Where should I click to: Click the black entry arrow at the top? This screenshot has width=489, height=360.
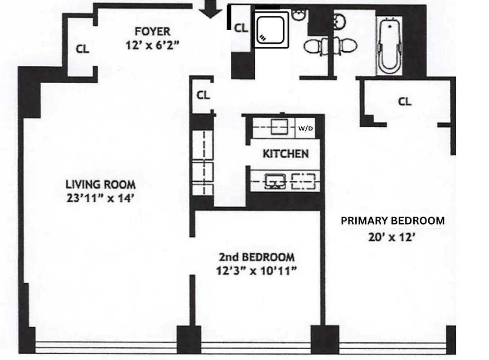point(210,9)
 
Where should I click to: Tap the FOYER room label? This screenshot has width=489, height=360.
point(153,31)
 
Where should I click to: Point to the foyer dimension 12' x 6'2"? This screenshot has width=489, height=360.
point(153,45)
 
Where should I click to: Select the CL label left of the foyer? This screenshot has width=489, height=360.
point(82,49)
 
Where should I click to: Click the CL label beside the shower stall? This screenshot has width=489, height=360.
point(241,28)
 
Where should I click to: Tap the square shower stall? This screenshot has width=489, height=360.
point(272,29)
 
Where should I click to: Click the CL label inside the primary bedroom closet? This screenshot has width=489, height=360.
point(404,102)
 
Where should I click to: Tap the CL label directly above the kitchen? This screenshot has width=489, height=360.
point(203,95)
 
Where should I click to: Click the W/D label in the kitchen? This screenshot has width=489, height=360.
point(305,128)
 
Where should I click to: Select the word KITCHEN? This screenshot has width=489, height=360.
point(285,154)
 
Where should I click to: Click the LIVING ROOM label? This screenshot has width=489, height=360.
point(100,184)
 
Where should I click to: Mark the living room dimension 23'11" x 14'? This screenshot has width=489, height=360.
point(100,198)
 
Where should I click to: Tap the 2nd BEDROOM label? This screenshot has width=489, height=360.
point(257,257)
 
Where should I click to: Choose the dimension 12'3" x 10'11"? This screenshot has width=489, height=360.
point(257,271)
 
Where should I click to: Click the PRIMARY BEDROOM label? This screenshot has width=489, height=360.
point(392,221)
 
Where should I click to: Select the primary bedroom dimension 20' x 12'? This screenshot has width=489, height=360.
point(391,238)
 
